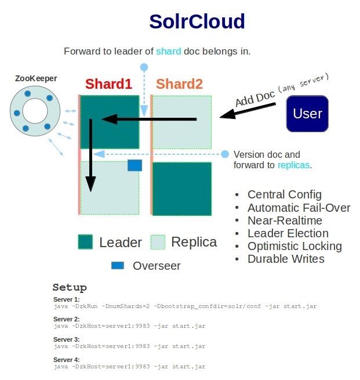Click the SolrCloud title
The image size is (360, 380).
click(197, 21)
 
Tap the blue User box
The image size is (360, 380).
click(307, 113)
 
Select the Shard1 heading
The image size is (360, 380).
click(113, 84)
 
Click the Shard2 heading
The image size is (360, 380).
click(180, 84)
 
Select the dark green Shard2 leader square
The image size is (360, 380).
click(181, 189)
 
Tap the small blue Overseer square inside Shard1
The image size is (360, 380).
click(135, 165)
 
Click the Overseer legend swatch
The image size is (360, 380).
click(118, 266)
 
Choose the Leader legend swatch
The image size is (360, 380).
click(86, 242)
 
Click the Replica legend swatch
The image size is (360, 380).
click(158, 242)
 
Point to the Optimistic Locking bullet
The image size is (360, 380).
click(294, 246)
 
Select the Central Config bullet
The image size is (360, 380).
click(284, 194)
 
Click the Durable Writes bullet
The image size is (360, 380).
click(286, 259)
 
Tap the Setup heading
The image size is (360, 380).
click(70, 287)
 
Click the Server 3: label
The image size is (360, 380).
click(66, 339)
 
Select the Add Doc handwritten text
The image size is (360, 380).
click(255, 97)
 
